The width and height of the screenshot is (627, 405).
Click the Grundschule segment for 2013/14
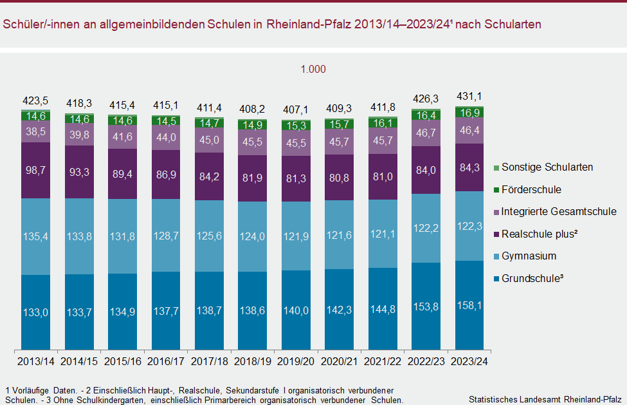(44, 312)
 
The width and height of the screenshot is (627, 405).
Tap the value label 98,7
(35, 170)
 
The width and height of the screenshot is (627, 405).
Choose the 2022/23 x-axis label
(426, 361)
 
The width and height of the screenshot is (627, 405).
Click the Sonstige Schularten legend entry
(547, 167)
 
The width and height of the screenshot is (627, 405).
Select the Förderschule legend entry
(531, 190)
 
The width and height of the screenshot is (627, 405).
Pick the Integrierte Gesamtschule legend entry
(558, 211)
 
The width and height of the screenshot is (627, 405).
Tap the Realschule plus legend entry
(539, 234)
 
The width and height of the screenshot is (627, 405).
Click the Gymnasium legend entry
(529, 256)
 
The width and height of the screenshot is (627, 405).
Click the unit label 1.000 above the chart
(313, 70)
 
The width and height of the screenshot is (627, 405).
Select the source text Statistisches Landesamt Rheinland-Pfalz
(545, 399)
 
